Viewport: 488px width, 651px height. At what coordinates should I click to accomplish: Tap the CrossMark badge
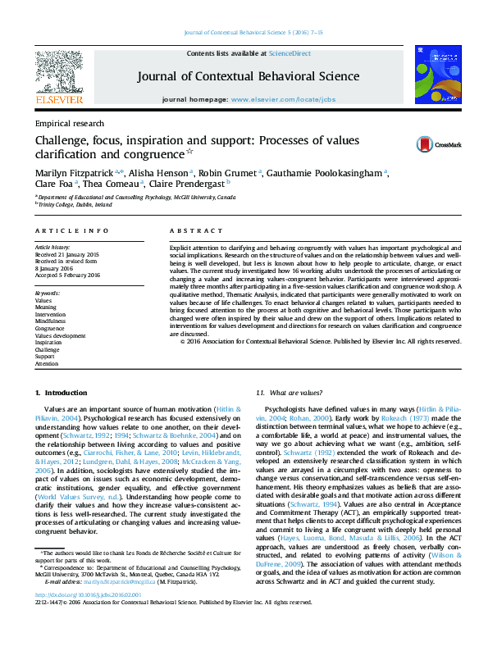(439, 144)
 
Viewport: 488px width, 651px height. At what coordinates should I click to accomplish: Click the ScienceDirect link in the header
(290, 52)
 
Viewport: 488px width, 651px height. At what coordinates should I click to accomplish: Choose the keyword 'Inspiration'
(48, 343)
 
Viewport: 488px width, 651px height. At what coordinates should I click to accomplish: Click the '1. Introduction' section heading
(62, 394)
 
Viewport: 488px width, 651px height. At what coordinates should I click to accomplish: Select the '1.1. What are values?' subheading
(289, 394)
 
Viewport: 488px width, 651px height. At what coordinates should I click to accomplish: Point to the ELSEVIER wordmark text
(58, 99)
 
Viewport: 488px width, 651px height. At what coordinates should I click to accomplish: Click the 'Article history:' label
(51, 247)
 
